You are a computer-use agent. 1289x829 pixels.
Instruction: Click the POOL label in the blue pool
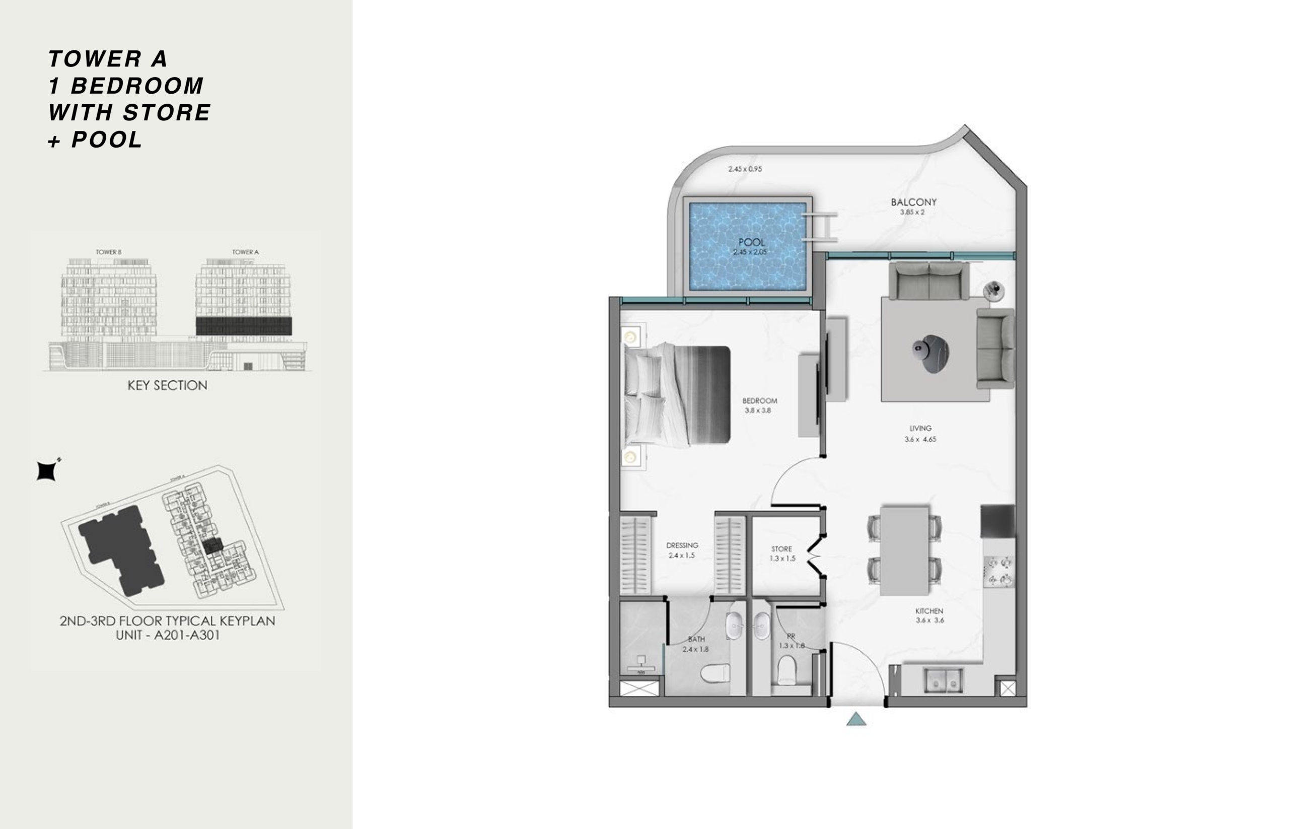751,242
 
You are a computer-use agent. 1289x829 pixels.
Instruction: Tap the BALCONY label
913,202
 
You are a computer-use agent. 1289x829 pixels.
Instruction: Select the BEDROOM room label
759,400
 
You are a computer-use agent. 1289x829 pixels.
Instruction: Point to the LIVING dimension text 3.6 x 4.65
920,439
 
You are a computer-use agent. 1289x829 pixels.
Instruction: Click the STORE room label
781,548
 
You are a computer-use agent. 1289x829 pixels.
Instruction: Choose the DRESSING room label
682,545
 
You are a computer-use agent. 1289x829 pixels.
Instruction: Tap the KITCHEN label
929,611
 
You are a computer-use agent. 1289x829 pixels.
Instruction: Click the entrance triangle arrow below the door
856,719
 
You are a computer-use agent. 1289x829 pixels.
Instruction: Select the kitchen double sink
944,680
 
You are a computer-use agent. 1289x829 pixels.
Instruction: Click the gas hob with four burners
999,572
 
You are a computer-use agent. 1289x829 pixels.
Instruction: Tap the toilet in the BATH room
714,673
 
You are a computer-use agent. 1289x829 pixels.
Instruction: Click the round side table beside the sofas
993,291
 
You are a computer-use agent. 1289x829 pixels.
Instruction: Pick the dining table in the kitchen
904,549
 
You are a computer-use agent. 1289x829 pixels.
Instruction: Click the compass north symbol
46,471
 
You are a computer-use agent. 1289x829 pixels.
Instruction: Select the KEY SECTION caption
167,385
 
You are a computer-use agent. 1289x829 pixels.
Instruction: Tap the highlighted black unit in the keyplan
211,546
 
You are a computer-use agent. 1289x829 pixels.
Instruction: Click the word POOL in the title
107,140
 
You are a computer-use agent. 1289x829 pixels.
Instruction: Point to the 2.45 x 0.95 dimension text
744,169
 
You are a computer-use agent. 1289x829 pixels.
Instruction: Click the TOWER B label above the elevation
109,252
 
